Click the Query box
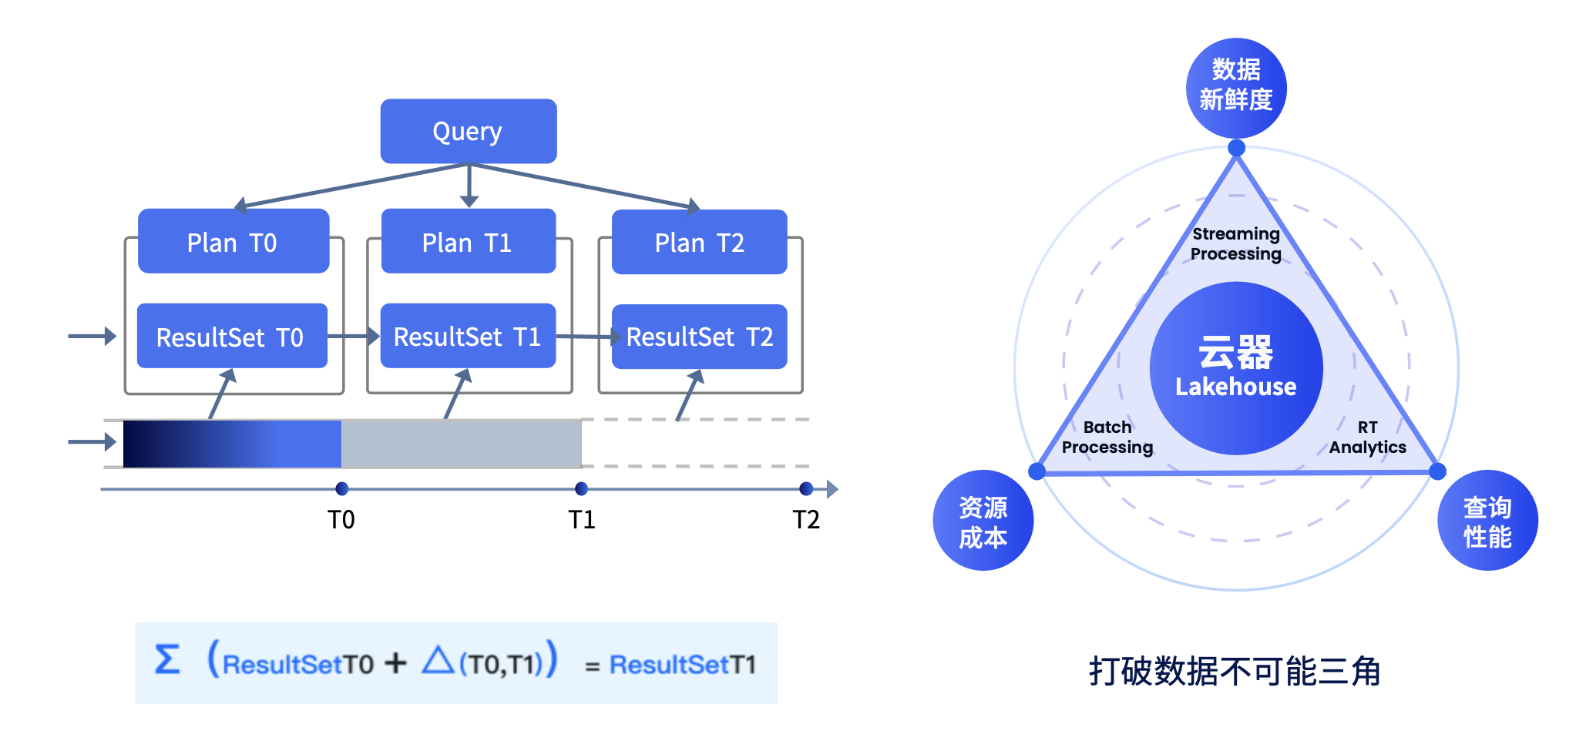pos(469,131)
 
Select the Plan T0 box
pos(234,242)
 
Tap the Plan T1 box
pos(469,242)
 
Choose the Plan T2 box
pos(699,243)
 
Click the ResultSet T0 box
pos(232,337)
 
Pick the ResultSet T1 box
pos(468,337)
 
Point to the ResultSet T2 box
pos(699,337)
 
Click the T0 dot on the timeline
pos(342,488)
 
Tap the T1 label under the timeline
pos(582,520)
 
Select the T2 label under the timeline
pos(806,520)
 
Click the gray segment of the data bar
pos(461,444)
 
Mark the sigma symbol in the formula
pos(167,660)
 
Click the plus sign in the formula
pos(395,662)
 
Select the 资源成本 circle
pos(983,521)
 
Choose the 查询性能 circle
pos(1487,521)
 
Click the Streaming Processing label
pos(1236,244)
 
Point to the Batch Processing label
pos(1107,438)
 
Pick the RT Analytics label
pos(1368,438)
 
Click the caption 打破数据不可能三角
pos(1235,671)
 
